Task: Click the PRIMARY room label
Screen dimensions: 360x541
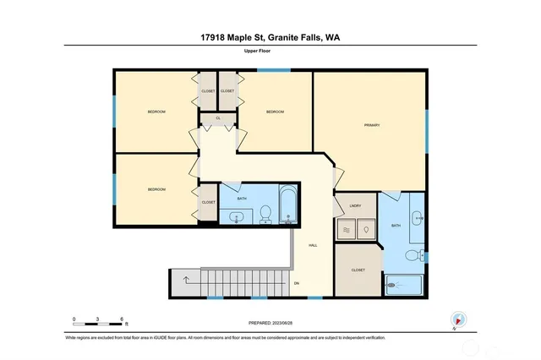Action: coord(372,125)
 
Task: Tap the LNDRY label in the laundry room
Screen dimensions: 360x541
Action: coord(355,205)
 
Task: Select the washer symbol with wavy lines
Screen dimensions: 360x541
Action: coord(347,228)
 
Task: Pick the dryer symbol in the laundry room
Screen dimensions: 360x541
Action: coord(366,228)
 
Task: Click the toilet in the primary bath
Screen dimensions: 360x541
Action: coord(413,254)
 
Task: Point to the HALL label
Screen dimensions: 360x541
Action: coord(313,245)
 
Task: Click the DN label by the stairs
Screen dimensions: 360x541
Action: coord(296,283)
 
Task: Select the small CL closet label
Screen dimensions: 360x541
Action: coord(218,118)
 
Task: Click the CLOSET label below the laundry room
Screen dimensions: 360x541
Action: coord(358,270)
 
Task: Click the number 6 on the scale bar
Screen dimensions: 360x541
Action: coord(123,319)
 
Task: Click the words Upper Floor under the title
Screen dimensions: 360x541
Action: coord(270,52)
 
